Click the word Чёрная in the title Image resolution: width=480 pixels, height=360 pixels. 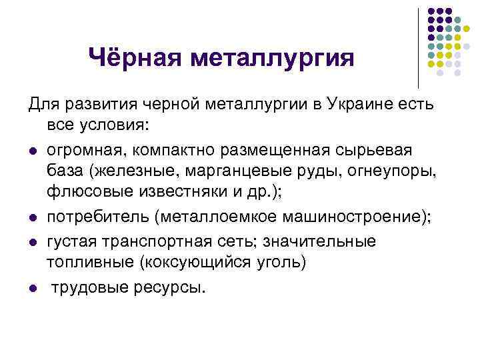136,58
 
